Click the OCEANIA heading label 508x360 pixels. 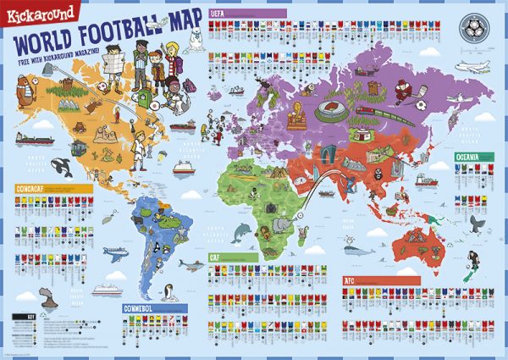point(474,157)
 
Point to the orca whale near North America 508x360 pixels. point(62,164)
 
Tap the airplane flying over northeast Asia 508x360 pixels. point(471,65)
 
